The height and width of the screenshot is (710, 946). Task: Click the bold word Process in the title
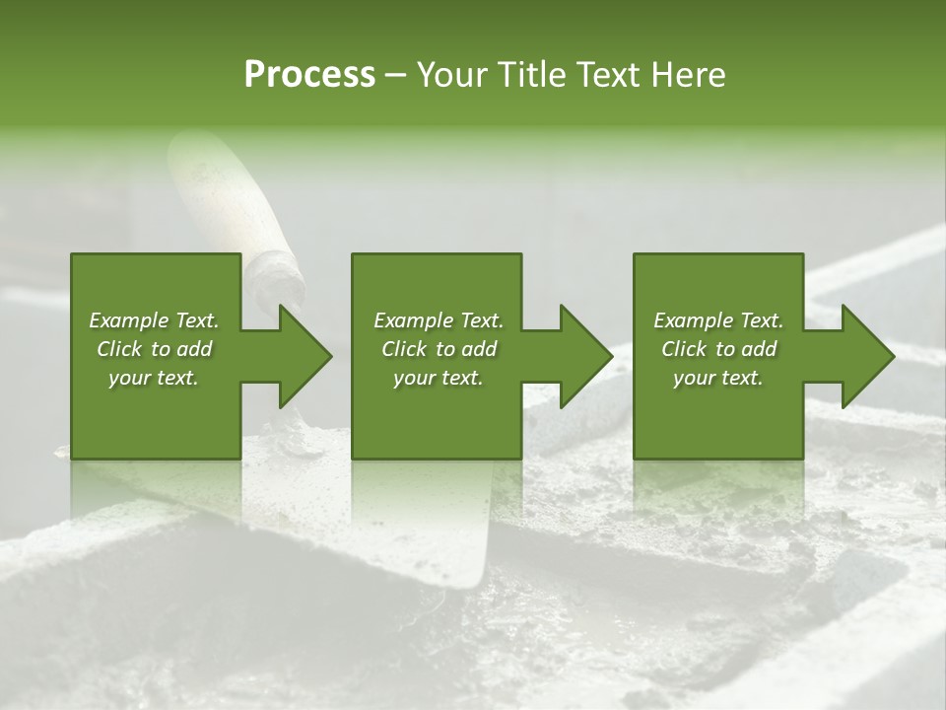point(309,75)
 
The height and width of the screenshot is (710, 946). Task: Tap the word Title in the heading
point(530,75)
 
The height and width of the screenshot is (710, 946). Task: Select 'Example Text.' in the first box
point(154,320)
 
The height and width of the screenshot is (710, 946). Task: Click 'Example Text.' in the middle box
point(439,320)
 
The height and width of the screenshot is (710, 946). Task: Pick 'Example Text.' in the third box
point(718,320)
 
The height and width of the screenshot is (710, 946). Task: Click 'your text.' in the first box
point(154,378)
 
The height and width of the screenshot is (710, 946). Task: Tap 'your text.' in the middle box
point(439,378)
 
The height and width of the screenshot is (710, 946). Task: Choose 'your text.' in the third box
point(718,378)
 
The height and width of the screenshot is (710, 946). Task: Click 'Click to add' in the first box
point(154,349)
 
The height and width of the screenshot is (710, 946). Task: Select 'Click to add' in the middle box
point(439,349)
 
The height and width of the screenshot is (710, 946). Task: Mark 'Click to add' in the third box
point(718,349)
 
